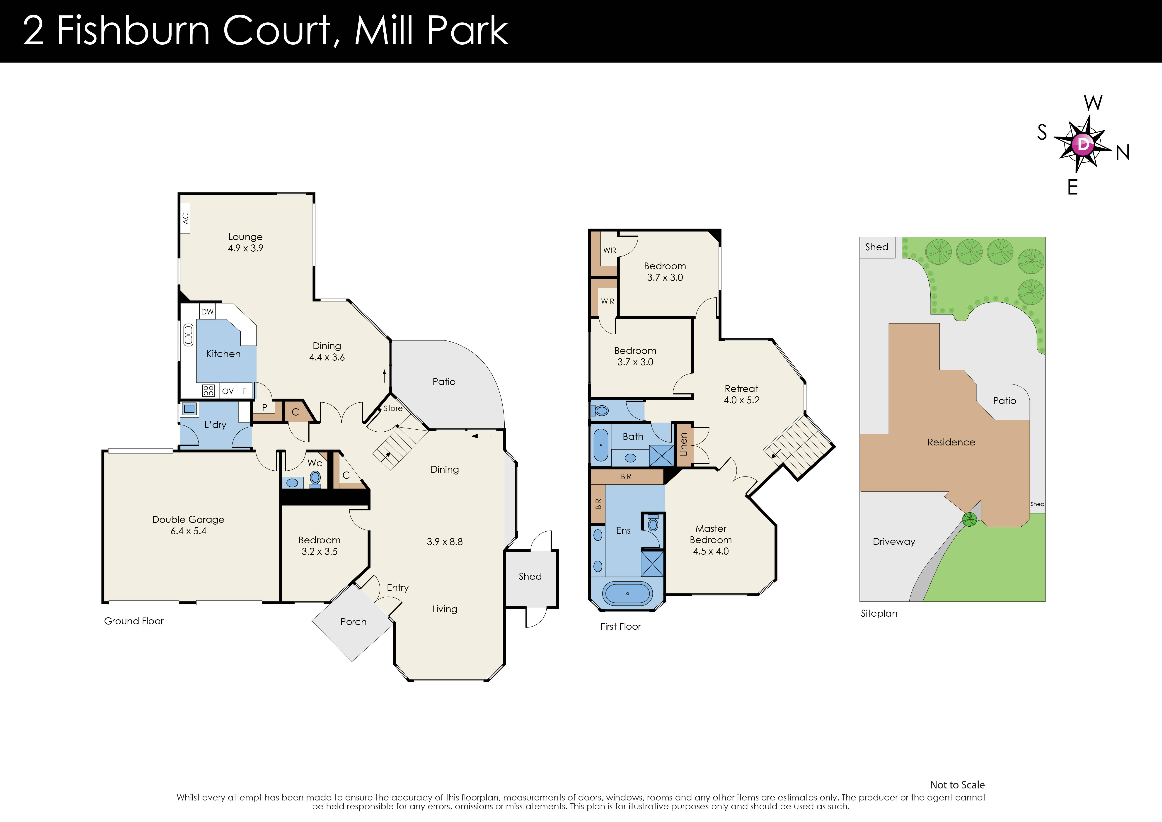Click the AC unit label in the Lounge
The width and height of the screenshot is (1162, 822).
click(185, 218)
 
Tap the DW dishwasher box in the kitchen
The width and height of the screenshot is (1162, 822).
click(208, 311)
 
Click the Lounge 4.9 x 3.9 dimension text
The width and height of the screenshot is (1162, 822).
click(245, 248)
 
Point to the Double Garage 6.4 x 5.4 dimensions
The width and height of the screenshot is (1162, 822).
click(188, 531)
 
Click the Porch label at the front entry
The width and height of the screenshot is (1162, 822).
click(353, 621)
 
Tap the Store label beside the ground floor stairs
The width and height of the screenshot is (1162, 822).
click(393, 408)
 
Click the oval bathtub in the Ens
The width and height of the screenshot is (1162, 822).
click(627, 593)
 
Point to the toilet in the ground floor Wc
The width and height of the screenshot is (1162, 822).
click(315, 478)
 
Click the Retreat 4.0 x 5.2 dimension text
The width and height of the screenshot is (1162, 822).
click(741, 400)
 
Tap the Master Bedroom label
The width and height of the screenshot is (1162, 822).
click(711, 534)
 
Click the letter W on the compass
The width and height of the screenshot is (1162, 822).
click(1093, 103)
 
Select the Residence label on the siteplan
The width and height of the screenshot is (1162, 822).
click(951, 442)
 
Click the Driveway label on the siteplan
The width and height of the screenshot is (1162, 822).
click(894, 541)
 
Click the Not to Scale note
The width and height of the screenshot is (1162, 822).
click(957, 785)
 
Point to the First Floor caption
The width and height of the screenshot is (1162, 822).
click(620, 627)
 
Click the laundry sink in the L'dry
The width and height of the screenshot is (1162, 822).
click(190, 408)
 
